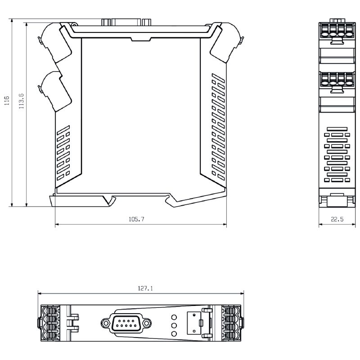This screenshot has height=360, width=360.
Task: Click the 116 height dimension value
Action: pos(7,100)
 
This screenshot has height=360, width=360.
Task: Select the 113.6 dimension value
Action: pos(21,101)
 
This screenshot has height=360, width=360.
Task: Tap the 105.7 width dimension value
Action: pos(136,219)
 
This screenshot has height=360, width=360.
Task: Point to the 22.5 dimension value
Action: pos(337,219)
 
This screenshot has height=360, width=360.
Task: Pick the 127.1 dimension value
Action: pos(145,288)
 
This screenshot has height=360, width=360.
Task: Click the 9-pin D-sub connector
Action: pos(126,323)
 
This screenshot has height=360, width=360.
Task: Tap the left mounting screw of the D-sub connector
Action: pos(106,323)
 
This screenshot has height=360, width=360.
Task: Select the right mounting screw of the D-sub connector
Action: pos(146,323)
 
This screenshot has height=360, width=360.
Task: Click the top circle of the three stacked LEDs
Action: pos(174,317)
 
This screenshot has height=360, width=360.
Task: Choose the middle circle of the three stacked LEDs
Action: pos(174,325)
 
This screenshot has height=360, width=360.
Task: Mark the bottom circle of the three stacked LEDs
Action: pos(174,334)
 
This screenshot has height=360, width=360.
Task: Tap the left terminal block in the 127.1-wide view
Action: pos(50,323)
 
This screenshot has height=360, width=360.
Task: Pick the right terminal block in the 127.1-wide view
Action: pos(231,323)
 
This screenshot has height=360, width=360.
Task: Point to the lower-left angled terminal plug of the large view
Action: pos(55,91)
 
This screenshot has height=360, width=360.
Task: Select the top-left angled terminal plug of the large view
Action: pos(55,42)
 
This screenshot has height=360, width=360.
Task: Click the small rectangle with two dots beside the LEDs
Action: pos(194,323)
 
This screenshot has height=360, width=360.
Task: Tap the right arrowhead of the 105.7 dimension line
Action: pos(225,224)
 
